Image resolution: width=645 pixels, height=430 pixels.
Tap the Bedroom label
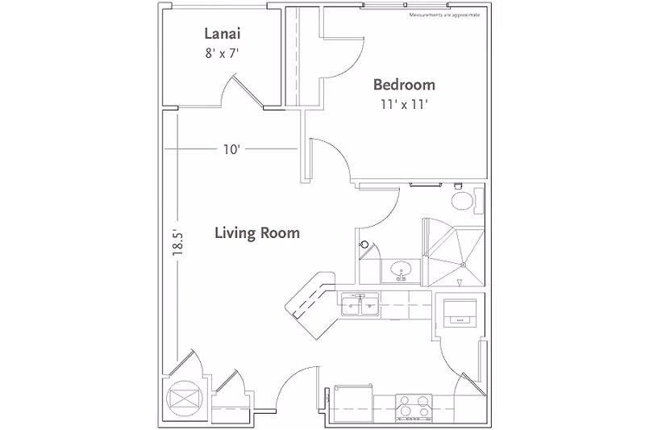[403, 85]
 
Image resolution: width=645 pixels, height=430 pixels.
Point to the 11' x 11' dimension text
[403, 105]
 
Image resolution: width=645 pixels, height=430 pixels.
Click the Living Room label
[257, 233]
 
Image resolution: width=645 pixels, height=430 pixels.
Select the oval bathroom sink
[400, 269]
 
